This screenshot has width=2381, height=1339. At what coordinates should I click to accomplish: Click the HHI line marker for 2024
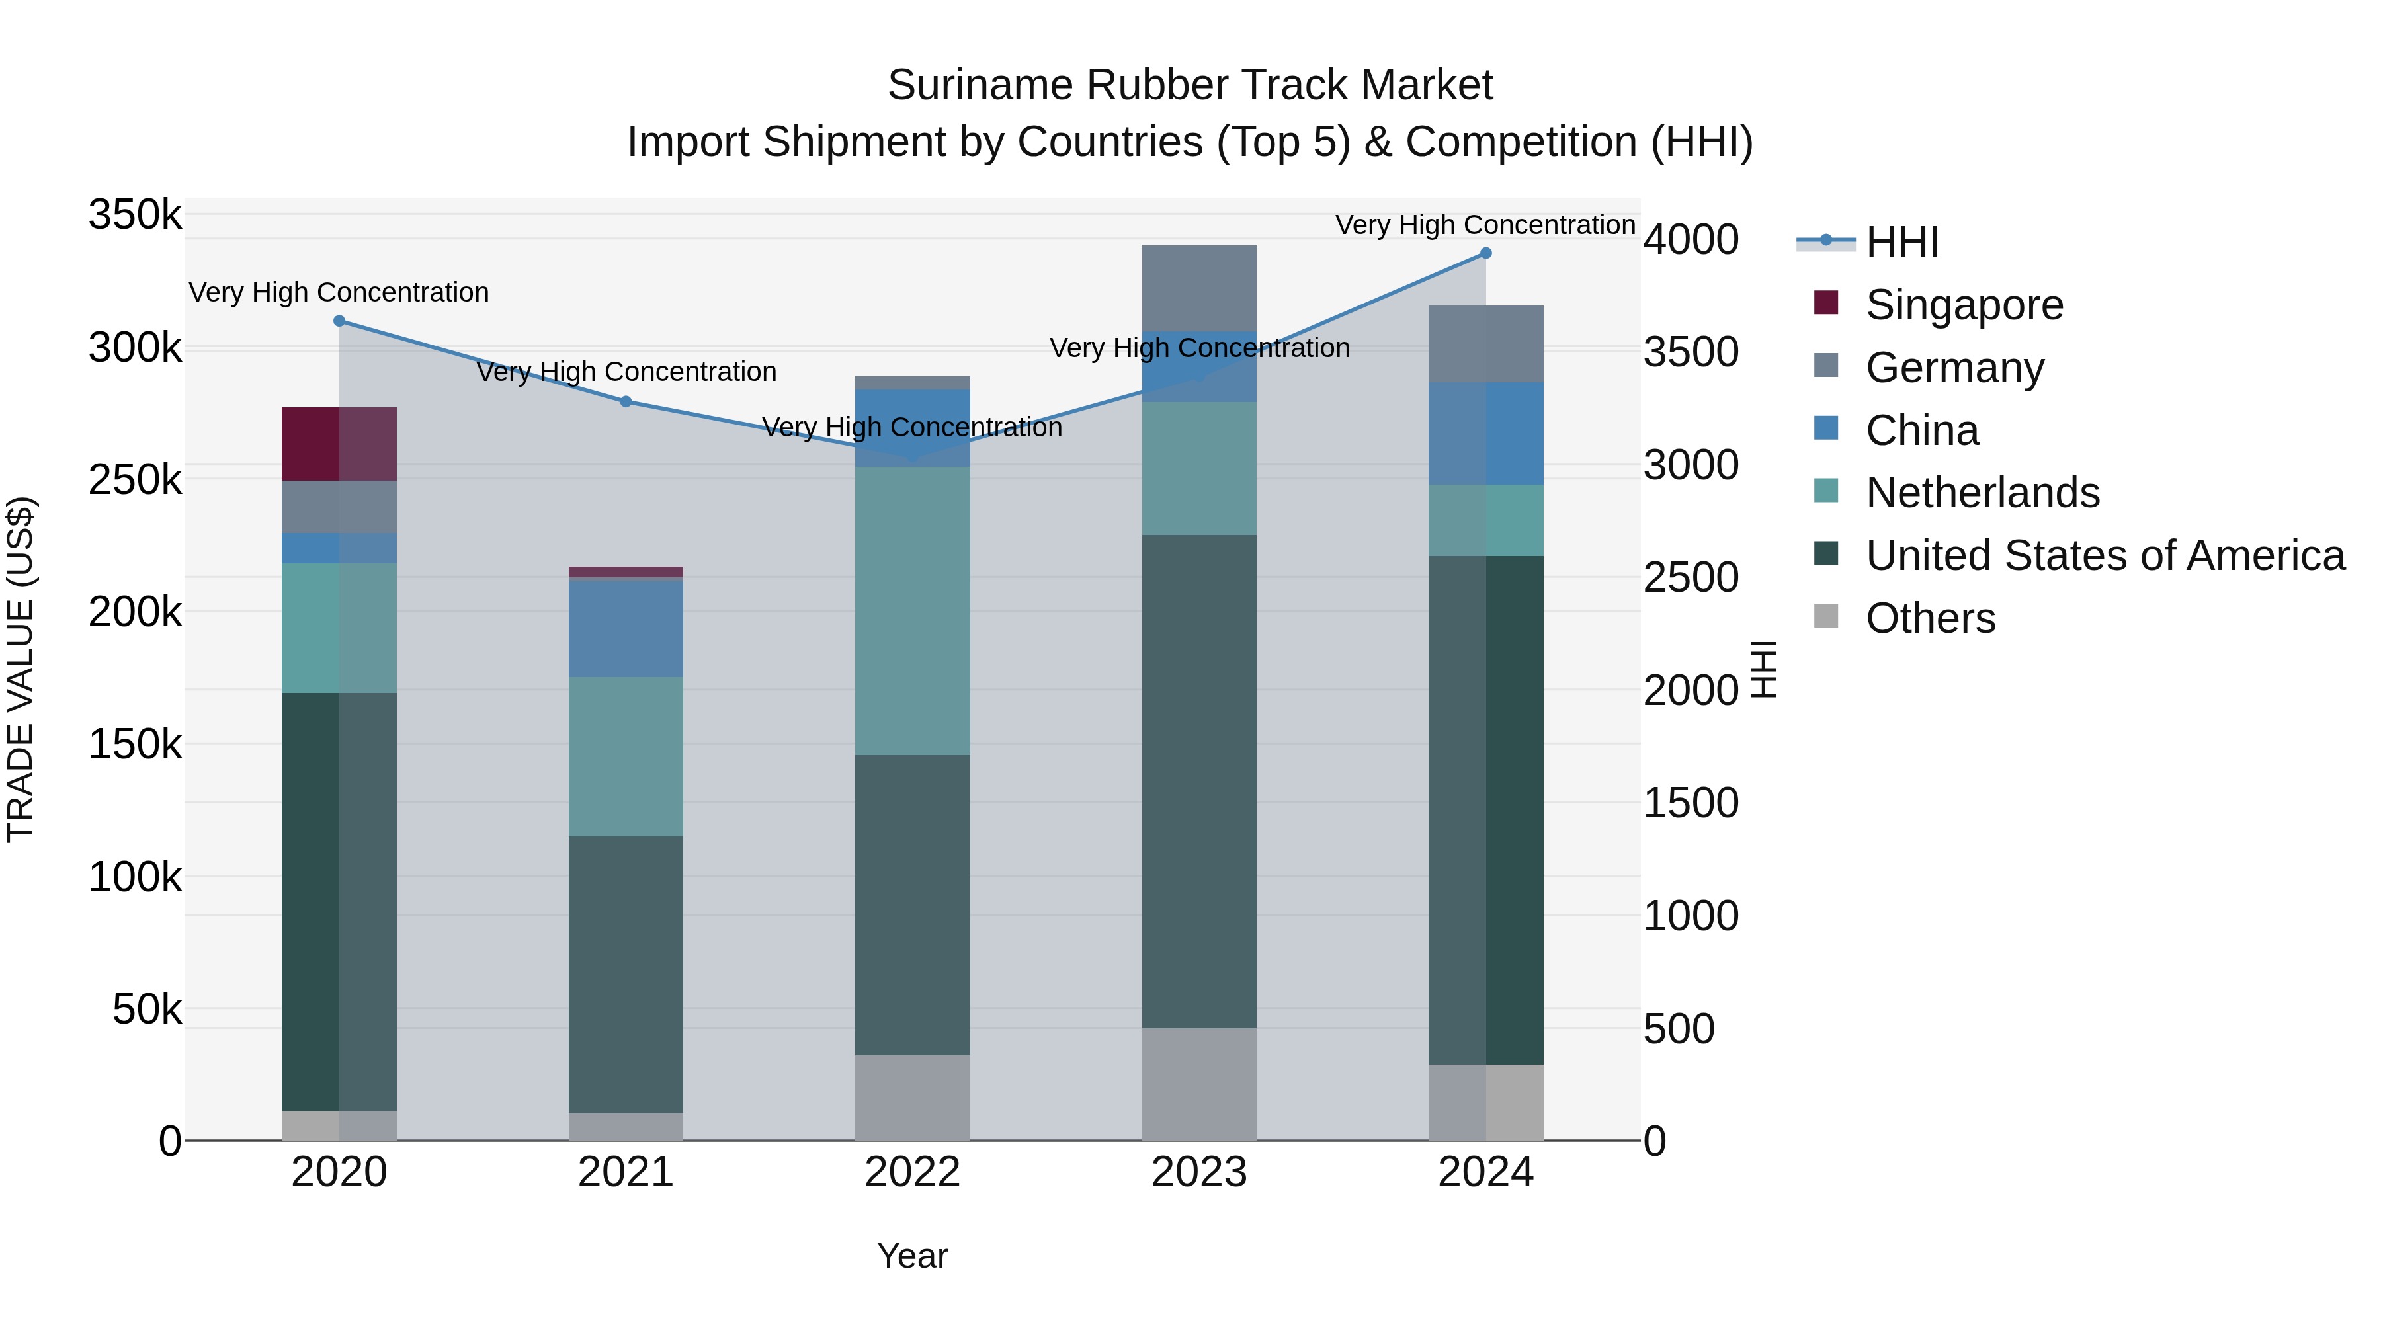(x=1485, y=253)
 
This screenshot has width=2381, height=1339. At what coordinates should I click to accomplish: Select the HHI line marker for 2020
(x=339, y=321)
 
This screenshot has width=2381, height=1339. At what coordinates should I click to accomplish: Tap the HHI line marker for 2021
(x=626, y=402)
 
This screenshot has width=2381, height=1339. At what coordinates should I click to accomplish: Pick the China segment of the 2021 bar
(x=626, y=628)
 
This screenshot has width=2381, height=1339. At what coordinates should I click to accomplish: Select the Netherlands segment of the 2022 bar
(x=912, y=611)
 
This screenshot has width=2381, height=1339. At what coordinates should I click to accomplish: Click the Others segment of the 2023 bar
(x=1199, y=1084)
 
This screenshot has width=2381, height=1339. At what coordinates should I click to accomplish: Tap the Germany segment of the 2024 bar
(x=1485, y=344)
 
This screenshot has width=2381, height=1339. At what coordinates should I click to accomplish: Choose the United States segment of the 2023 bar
(x=1199, y=781)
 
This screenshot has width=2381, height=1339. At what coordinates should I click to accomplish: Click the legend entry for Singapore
(x=1963, y=305)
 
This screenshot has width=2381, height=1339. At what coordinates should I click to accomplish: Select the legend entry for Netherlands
(x=1982, y=493)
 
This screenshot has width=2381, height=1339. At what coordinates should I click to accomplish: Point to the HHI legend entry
(x=1901, y=242)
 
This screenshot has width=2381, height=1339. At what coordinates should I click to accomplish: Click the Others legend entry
(x=1930, y=618)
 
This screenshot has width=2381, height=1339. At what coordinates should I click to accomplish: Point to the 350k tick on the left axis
(x=135, y=216)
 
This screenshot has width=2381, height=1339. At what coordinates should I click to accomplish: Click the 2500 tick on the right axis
(x=1691, y=577)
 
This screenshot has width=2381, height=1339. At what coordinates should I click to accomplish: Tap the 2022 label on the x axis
(x=912, y=1172)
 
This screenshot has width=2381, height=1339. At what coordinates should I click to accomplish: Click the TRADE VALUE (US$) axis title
(x=21, y=669)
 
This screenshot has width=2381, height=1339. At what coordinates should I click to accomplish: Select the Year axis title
(x=912, y=1256)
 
